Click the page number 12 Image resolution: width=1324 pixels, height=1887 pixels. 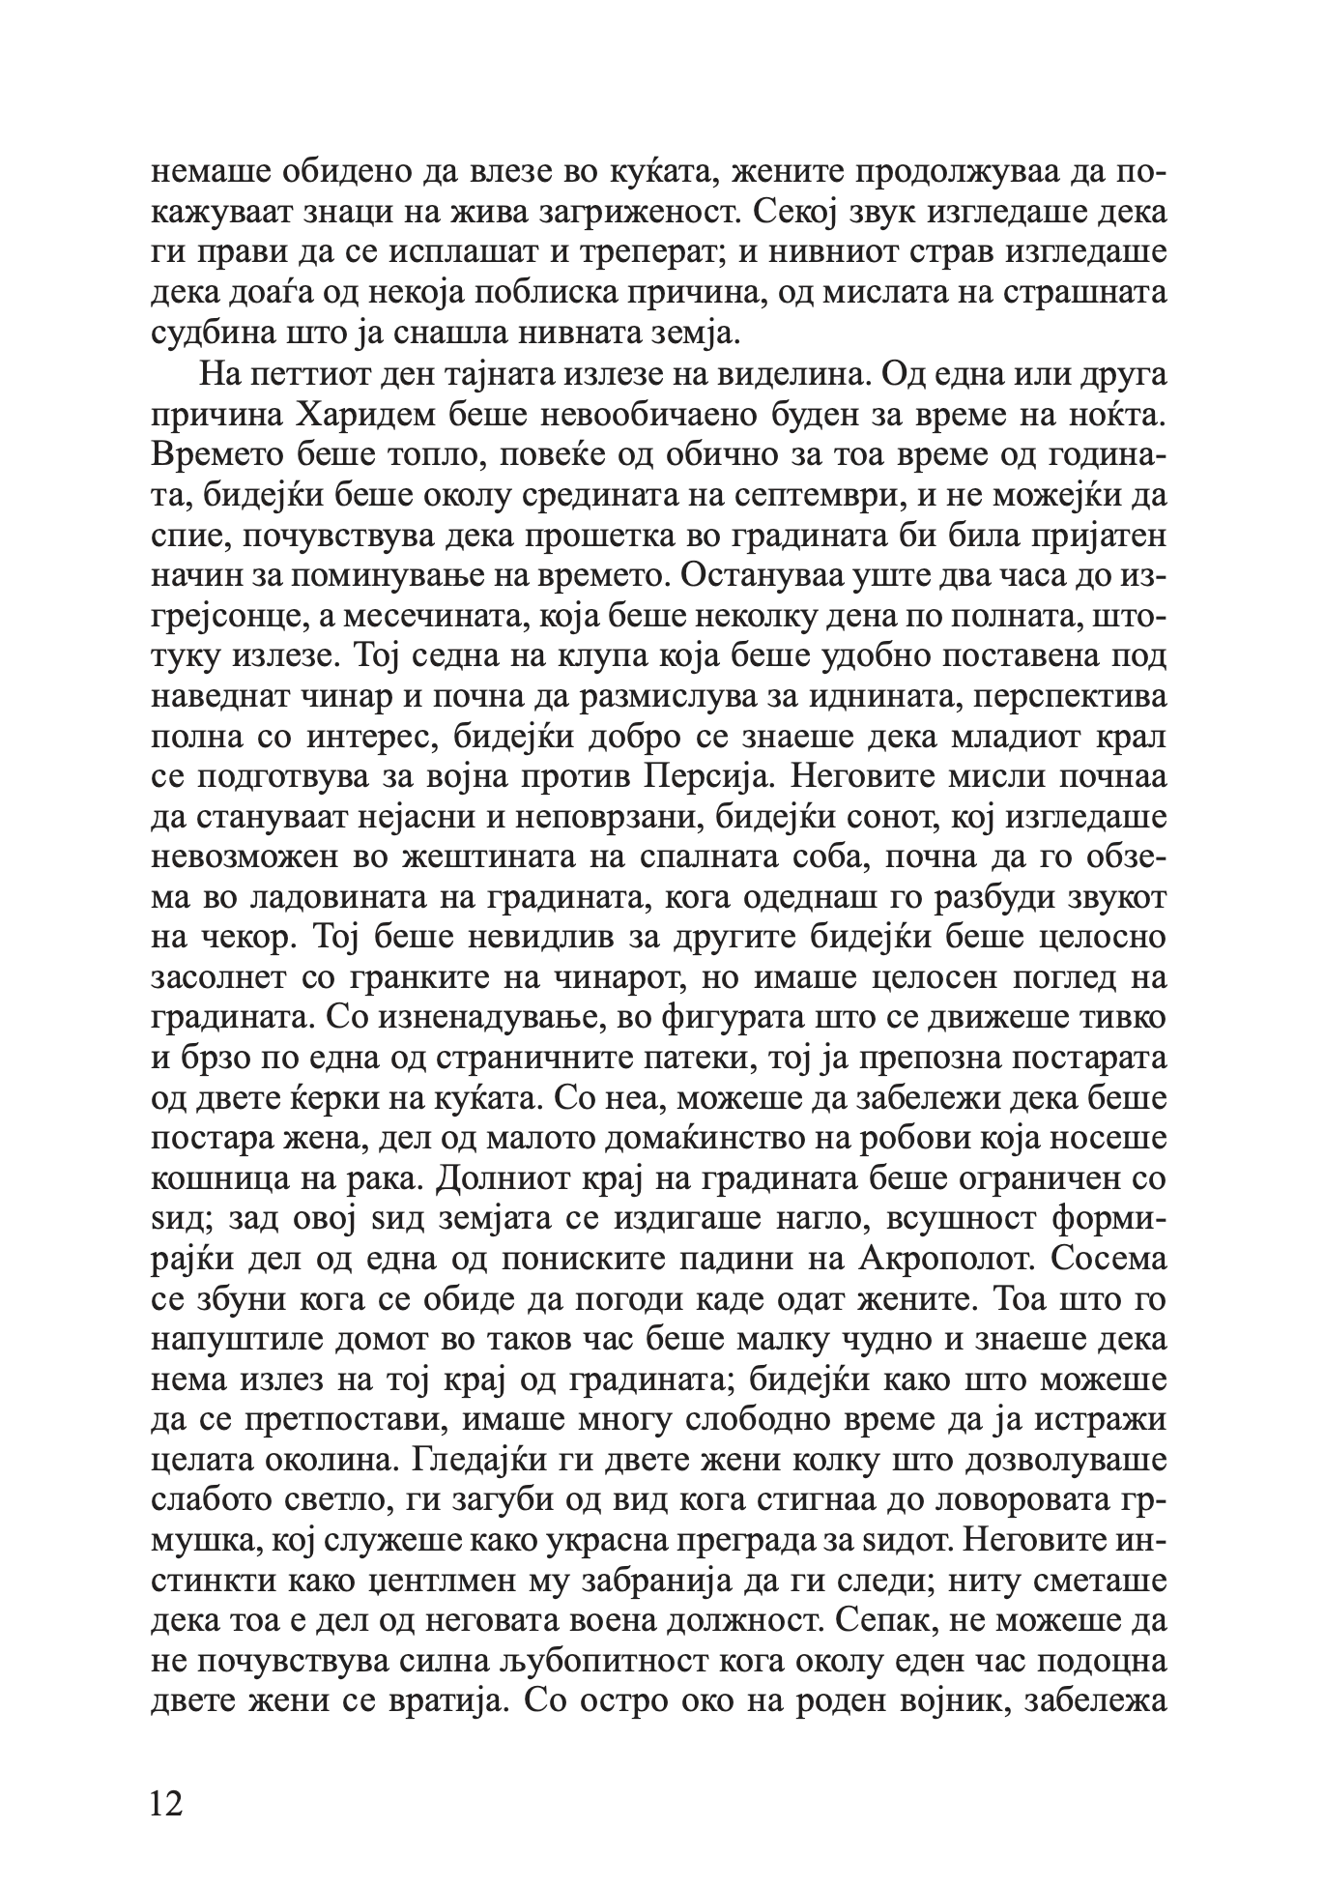(x=167, y=1803)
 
